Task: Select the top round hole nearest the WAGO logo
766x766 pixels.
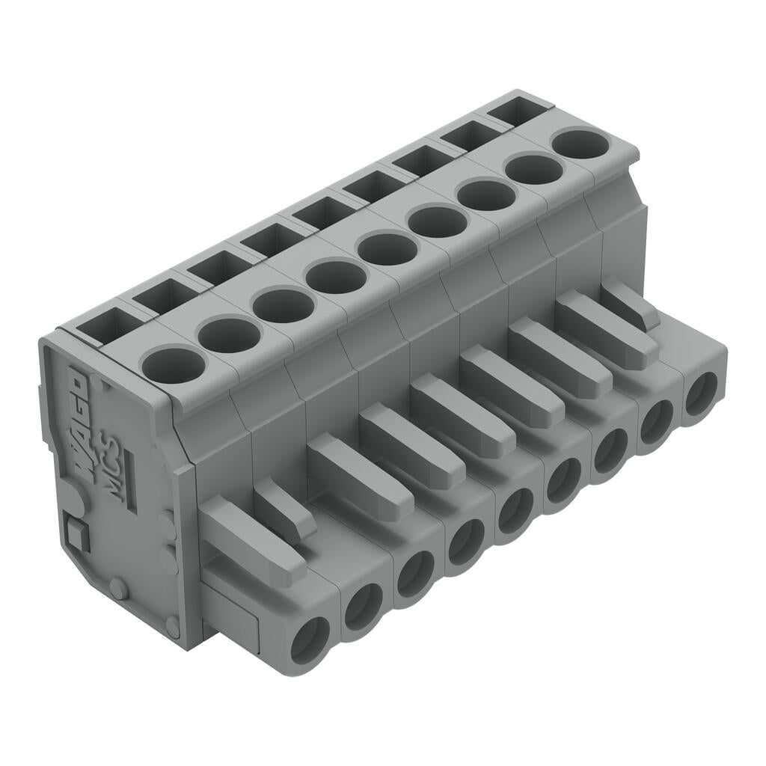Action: point(173,365)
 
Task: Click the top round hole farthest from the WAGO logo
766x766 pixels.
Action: point(580,143)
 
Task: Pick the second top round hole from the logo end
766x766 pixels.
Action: point(230,334)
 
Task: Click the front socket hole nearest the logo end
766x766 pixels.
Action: point(310,640)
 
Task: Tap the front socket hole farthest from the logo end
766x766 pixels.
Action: point(701,393)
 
